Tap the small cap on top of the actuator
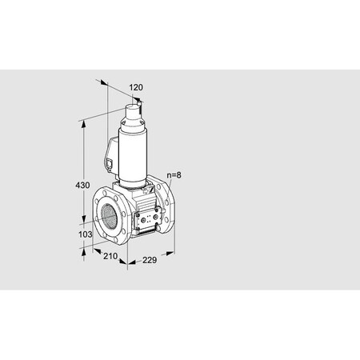pyautogui.click(x=138, y=103)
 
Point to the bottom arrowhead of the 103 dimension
pyautogui.click(x=83, y=249)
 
